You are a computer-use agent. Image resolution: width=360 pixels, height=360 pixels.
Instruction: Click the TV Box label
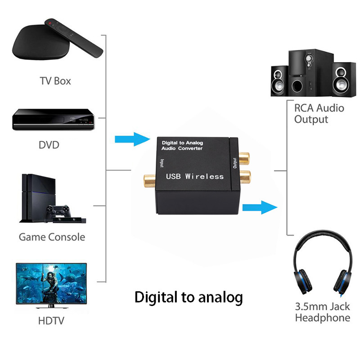tap(55, 81)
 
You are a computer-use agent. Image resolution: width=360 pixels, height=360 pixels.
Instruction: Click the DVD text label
tap(49, 145)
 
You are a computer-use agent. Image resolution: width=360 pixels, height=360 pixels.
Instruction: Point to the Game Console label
tap(52, 237)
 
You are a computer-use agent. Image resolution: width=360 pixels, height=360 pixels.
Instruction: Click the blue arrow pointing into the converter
tap(132, 139)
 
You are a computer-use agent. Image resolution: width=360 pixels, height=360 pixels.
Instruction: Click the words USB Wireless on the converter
tap(194, 176)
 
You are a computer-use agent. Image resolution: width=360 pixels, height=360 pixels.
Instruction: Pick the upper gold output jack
tap(243, 158)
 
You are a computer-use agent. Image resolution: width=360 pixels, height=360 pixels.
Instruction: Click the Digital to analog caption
tap(189, 297)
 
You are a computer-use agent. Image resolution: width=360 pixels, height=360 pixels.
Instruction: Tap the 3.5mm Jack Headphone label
tap(322, 312)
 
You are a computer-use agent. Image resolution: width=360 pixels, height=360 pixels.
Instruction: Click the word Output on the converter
tap(234, 161)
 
